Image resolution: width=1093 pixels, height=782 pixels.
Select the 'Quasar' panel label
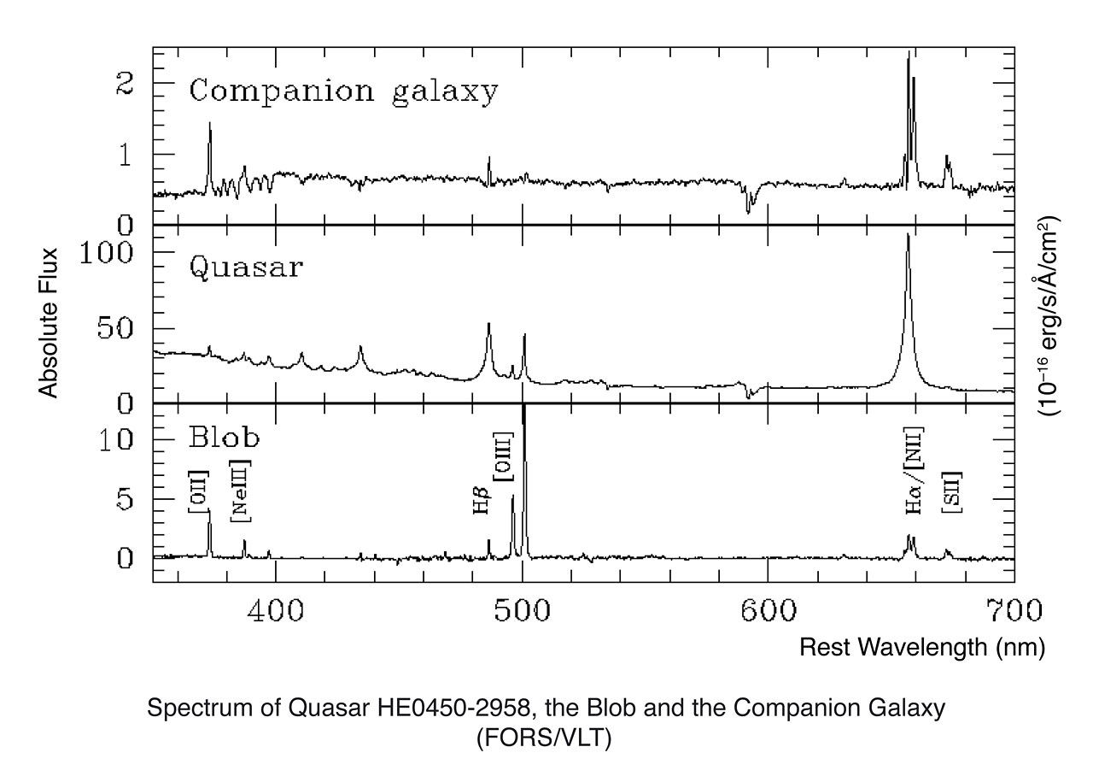[x=245, y=268]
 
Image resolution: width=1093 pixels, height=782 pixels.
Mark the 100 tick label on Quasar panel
[x=113, y=253]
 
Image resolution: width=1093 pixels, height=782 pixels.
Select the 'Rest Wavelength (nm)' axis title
[x=921, y=648]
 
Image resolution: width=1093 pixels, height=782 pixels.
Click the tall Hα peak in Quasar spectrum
[x=908, y=238]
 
